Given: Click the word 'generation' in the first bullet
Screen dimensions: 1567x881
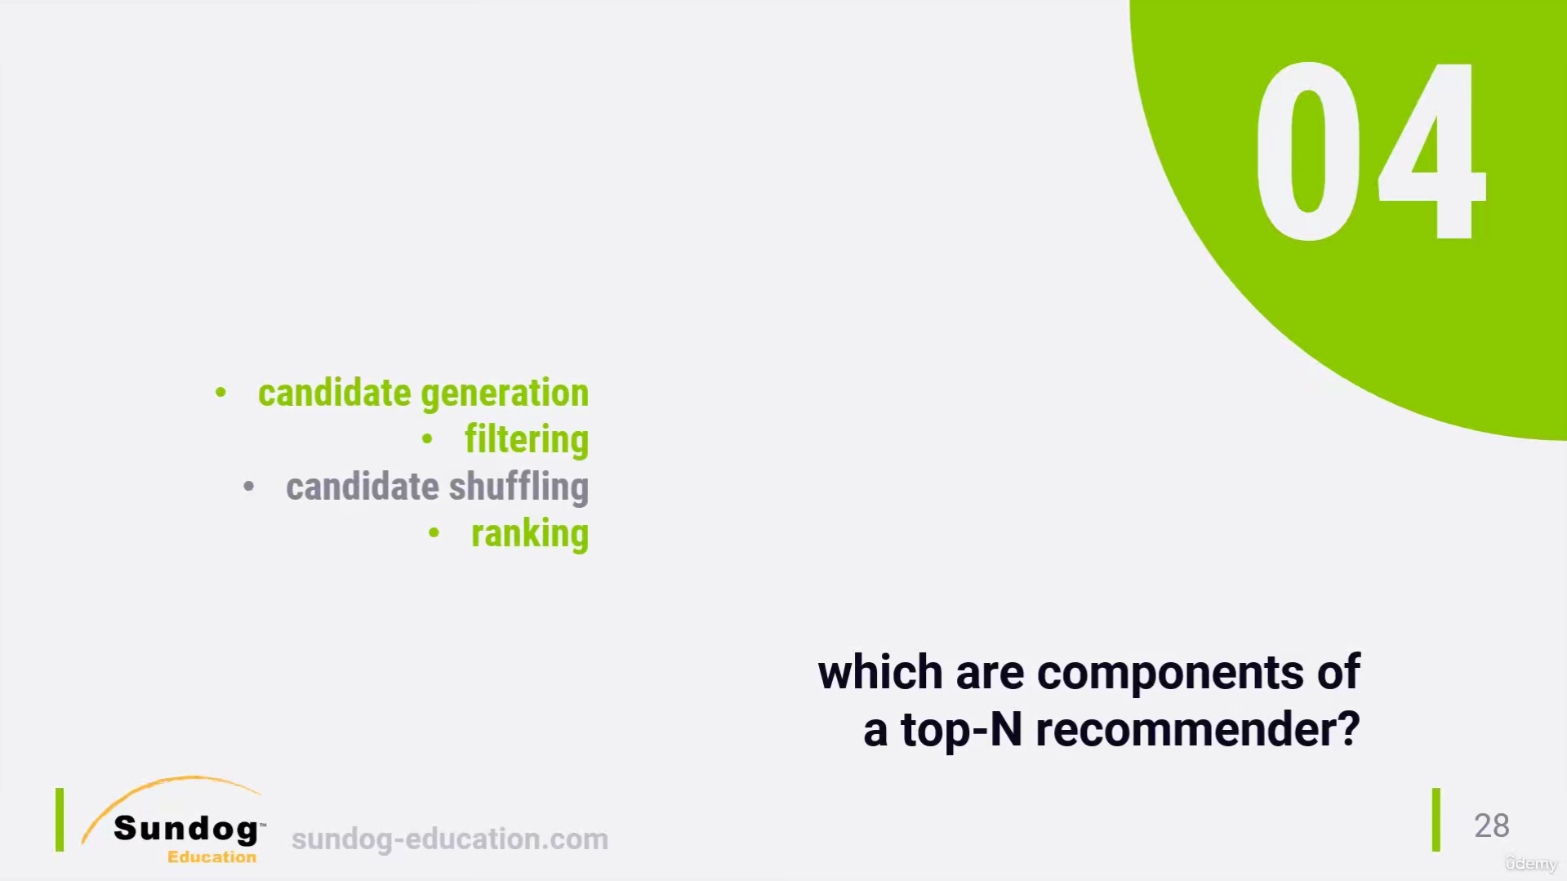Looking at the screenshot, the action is pyautogui.click(x=505, y=394).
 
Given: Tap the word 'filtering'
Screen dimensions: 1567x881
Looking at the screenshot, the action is pyautogui.click(x=527, y=441).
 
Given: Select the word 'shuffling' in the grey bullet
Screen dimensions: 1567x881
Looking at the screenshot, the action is pyautogui.click(x=519, y=488).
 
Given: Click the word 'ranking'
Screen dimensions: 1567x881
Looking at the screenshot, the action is pyautogui.click(x=530, y=535).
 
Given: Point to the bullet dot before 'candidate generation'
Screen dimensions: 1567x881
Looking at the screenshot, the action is pyautogui.click(x=220, y=394).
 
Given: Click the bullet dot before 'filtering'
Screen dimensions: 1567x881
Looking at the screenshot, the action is pyautogui.click(x=427, y=440).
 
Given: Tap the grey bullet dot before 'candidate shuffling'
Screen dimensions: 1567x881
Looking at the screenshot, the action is pyautogui.click(x=249, y=487).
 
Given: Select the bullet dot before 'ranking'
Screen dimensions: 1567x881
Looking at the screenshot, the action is pyautogui.click(x=434, y=534).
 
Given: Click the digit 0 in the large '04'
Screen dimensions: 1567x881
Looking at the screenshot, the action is pyautogui.click(x=1308, y=151).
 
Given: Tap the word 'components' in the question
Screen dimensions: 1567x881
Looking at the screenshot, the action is pyautogui.click(x=1170, y=674).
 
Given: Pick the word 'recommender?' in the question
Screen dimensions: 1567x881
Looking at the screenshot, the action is pyautogui.click(x=1198, y=730).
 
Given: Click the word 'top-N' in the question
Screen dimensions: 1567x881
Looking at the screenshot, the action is pyautogui.click(x=961, y=730).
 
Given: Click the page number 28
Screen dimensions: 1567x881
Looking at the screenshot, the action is pyautogui.click(x=1492, y=825).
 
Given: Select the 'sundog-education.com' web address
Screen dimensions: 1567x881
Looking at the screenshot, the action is pyautogui.click(x=450, y=839).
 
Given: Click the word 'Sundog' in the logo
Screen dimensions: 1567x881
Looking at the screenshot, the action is pyautogui.click(x=186, y=829).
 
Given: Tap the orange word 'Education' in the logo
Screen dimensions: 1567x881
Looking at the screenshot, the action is pyautogui.click(x=211, y=857).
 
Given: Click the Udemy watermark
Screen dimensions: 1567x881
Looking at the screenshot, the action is pyautogui.click(x=1531, y=864).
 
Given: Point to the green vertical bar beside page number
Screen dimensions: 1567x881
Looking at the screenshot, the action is pyautogui.click(x=1436, y=820).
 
